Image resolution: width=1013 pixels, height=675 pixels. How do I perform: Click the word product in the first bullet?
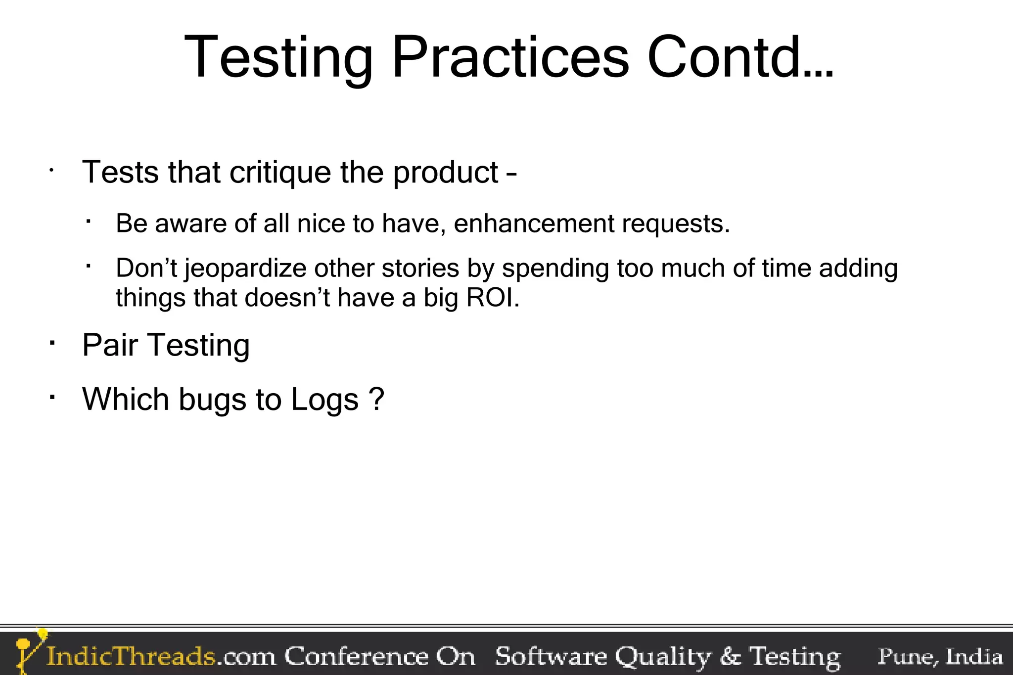coord(446,173)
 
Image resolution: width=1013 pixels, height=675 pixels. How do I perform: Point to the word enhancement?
coord(534,224)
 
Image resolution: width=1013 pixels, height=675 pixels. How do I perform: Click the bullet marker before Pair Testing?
coord(51,342)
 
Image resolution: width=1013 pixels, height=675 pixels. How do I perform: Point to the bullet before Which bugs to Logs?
coord(51,397)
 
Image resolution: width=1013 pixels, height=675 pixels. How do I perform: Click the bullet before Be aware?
coord(88,222)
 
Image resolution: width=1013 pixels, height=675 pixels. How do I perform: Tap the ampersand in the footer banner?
coord(731,657)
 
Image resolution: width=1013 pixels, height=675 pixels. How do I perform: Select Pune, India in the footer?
coord(940,656)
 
